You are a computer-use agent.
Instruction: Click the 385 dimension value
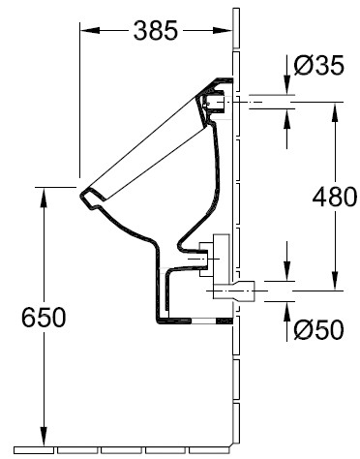(156, 30)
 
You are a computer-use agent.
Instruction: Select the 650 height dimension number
(44, 318)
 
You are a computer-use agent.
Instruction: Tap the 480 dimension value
(335, 197)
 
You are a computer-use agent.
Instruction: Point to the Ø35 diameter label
(319, 66)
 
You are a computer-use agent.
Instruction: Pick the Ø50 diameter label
(319, 330)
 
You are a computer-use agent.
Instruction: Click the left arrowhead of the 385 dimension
(89, 30)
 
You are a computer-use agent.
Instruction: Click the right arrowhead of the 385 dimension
(223, 30)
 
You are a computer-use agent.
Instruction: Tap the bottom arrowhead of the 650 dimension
(44, 437)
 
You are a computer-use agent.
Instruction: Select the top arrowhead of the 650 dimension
(44, 197)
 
